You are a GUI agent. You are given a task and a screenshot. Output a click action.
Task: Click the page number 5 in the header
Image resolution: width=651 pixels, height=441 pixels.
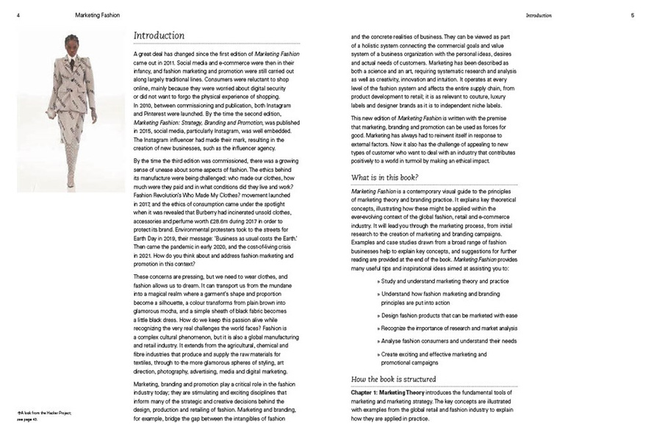pos(632,15)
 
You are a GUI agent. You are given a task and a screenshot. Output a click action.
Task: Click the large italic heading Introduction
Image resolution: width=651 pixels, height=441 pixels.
pos(159,35)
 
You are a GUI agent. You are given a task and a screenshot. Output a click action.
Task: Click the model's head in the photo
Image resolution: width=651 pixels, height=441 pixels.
pos(71,42)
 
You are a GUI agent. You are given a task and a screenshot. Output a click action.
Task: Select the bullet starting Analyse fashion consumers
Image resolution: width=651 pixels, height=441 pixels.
pos(447,340)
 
